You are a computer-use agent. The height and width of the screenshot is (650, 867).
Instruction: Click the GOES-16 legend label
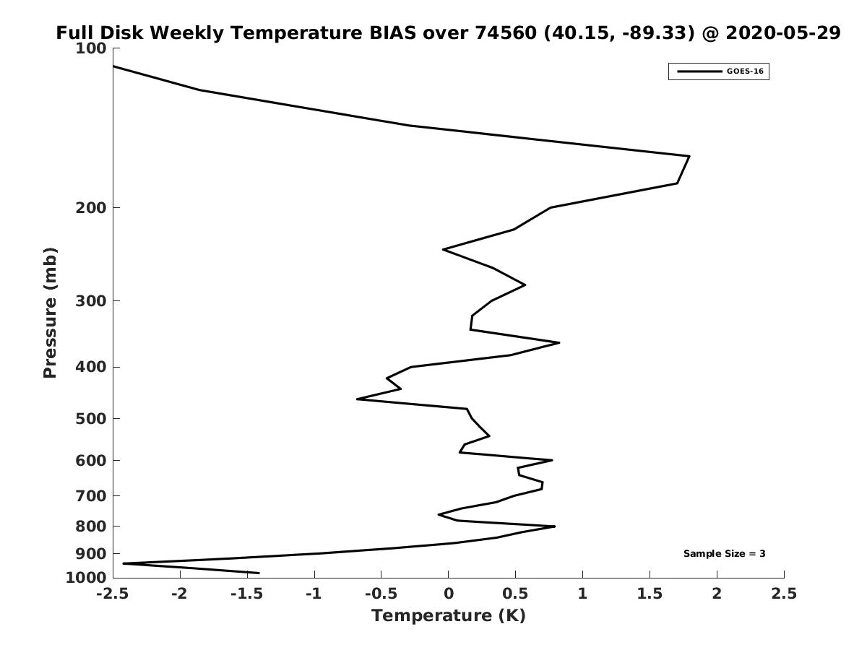click(x=745, y=71)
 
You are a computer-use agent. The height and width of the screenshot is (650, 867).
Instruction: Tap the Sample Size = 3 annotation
click(x=725, y=554)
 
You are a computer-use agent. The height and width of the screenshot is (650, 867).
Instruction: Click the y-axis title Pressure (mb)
click(x=50, y=313)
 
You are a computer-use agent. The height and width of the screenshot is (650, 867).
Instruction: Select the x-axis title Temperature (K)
click(x=449, y=615)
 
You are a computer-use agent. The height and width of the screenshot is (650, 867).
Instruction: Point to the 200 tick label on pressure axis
click(x=91, y=207)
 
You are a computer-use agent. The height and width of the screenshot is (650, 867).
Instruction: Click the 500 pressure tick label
click(x=91, y=418)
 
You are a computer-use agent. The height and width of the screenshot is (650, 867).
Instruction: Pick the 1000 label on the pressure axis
click(x=86, y=578)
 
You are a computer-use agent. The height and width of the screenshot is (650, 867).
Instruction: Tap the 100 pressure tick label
click(x=91, y=48)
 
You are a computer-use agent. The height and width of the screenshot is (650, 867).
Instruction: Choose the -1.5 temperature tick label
click(x=247, y=594)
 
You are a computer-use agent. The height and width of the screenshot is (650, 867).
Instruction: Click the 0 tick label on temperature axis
click(x=449, y=594)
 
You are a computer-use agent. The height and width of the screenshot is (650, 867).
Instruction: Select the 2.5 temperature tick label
click(x=784, y=594)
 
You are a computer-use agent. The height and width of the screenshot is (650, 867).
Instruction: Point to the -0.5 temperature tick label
click(x=381, y=594)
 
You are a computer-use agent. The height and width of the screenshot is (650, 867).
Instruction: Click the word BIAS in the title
click(x=392, y=32)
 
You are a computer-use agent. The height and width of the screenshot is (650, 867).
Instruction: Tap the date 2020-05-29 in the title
click(x=783, y=32)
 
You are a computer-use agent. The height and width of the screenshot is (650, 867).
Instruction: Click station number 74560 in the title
click(x=506, y=32)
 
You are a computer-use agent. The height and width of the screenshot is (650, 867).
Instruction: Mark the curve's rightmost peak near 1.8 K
click(x=689, y=156)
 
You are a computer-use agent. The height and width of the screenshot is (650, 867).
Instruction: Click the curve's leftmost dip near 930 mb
click(x=124, y=563)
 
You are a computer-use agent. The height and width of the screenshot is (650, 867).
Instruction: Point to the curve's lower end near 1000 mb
click(x=259, y=573)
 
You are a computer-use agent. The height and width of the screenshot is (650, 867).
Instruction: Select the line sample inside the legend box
click(x=699, y=71)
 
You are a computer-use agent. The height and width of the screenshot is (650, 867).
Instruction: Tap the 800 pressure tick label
click(x=91, y=526)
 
